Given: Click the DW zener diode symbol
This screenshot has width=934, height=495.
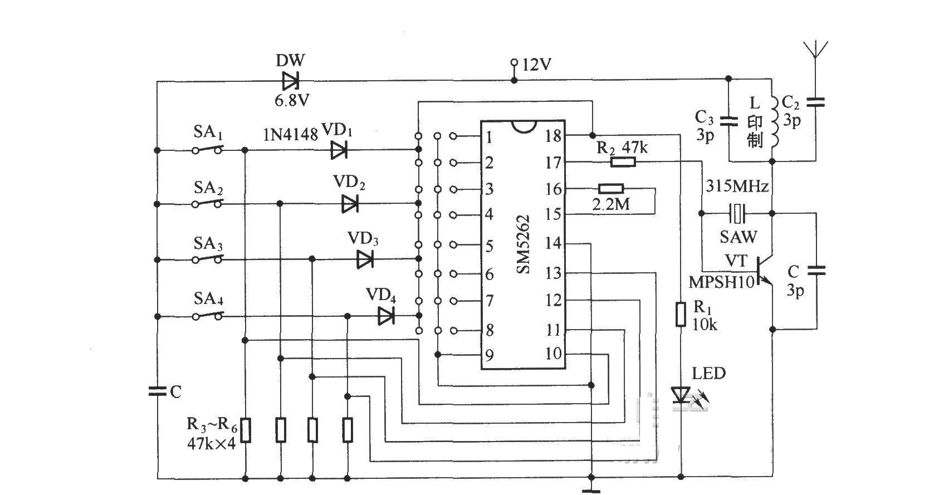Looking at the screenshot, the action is pos(290,81).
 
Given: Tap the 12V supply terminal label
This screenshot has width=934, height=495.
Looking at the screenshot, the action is pos(537,65).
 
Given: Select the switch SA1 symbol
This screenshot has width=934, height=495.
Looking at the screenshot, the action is pos(207,149).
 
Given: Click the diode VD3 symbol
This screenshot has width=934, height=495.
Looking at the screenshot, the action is pos(365,259).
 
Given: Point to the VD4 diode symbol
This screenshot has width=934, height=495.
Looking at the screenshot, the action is pos(386,316).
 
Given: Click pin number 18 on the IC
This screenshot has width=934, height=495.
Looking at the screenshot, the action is pos(553,136).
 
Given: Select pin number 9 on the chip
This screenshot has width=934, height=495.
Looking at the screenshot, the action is pos(490,355).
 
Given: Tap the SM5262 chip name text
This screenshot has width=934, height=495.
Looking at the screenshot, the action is pos(523,245).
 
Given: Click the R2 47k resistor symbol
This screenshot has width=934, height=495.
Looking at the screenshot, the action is pos(623,162).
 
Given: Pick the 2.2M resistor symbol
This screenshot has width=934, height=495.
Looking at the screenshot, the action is pos(611,189).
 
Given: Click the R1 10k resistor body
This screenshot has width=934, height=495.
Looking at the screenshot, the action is pos(681,315).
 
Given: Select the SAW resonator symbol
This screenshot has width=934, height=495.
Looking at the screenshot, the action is pos(737,213).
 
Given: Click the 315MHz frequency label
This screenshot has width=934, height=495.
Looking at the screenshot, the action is pos(737,186).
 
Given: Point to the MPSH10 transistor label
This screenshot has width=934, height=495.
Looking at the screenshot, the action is pos(722,282).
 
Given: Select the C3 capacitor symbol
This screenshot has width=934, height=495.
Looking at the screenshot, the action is pos(728,121).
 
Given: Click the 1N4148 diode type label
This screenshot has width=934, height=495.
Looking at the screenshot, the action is pos(290,135).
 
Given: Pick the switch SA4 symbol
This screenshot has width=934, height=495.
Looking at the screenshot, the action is pos(207,316).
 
